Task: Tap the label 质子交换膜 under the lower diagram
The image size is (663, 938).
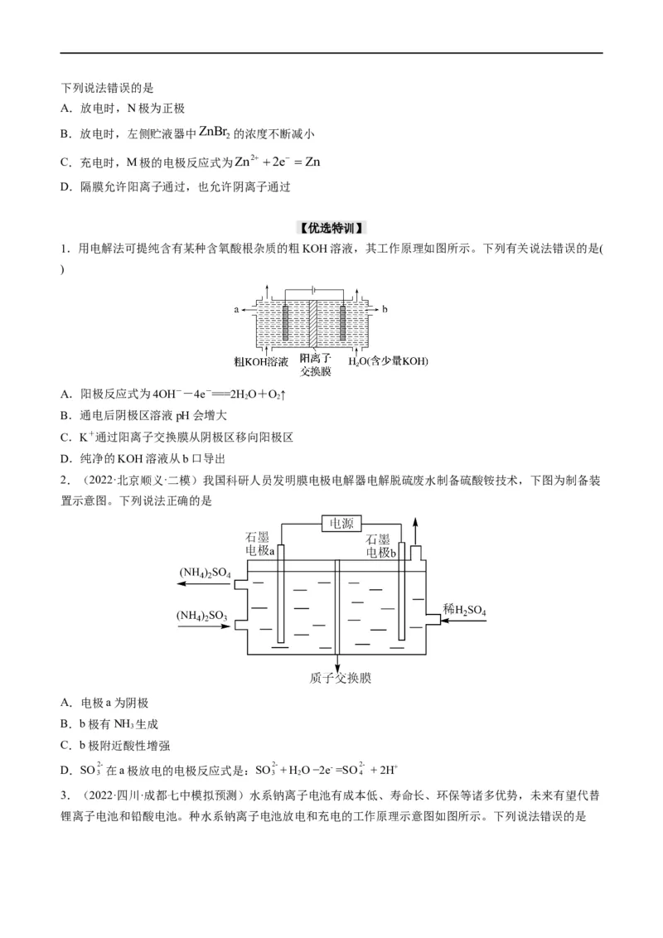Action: [338, 678]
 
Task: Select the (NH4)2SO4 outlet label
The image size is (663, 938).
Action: [205, 573]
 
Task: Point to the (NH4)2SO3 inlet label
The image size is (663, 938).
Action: [204, 616]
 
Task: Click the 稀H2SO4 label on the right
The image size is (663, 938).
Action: [464, 611]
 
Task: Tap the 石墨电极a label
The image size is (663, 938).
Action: [261, 544]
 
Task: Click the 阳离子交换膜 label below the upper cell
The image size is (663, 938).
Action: [315, 365]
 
